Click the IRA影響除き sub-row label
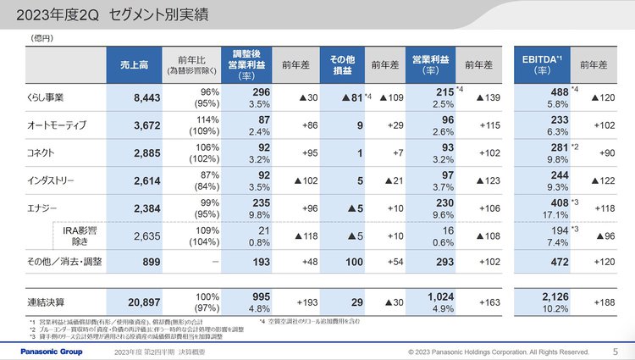tap(80, 234)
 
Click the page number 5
tap(615, 351)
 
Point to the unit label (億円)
tap(41, 39)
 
